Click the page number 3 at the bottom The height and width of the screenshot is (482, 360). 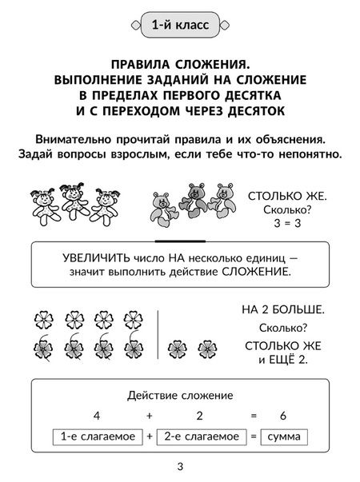(x=179, y=466)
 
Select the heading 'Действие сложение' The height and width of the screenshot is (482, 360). (x=180, y=395)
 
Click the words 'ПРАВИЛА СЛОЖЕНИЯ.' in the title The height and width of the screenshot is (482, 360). (x=179, y=62)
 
